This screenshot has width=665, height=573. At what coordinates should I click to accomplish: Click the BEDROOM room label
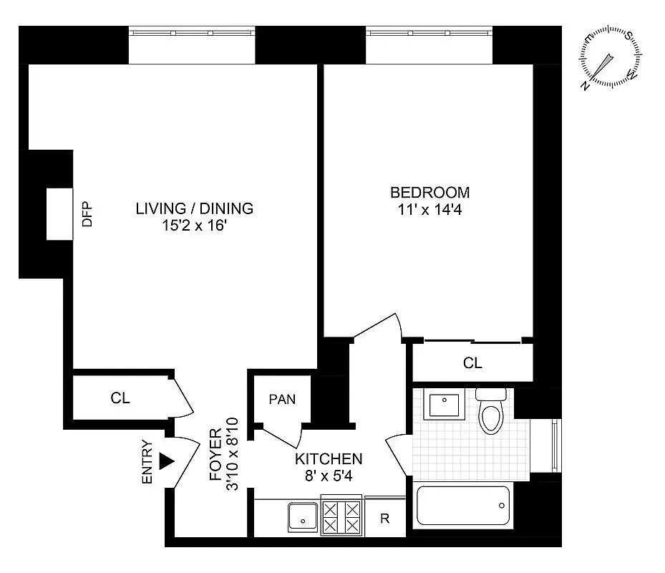point(429,193)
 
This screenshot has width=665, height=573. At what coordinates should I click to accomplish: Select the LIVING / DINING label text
point(194,209)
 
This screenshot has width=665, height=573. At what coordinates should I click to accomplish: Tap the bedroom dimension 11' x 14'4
point(429,211)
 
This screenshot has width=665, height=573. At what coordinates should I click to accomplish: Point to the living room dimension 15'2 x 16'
point(194,227)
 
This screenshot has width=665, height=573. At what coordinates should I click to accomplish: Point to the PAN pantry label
point(282,399)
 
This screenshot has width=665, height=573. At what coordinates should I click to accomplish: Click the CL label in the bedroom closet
point(472,363)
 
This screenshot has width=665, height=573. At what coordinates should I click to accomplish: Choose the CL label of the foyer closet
point(120,398)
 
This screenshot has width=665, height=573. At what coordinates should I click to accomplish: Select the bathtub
point(462,509)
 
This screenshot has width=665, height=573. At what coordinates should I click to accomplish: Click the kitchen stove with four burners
point(342,516)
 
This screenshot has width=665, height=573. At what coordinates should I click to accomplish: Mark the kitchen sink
point(304,516)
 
